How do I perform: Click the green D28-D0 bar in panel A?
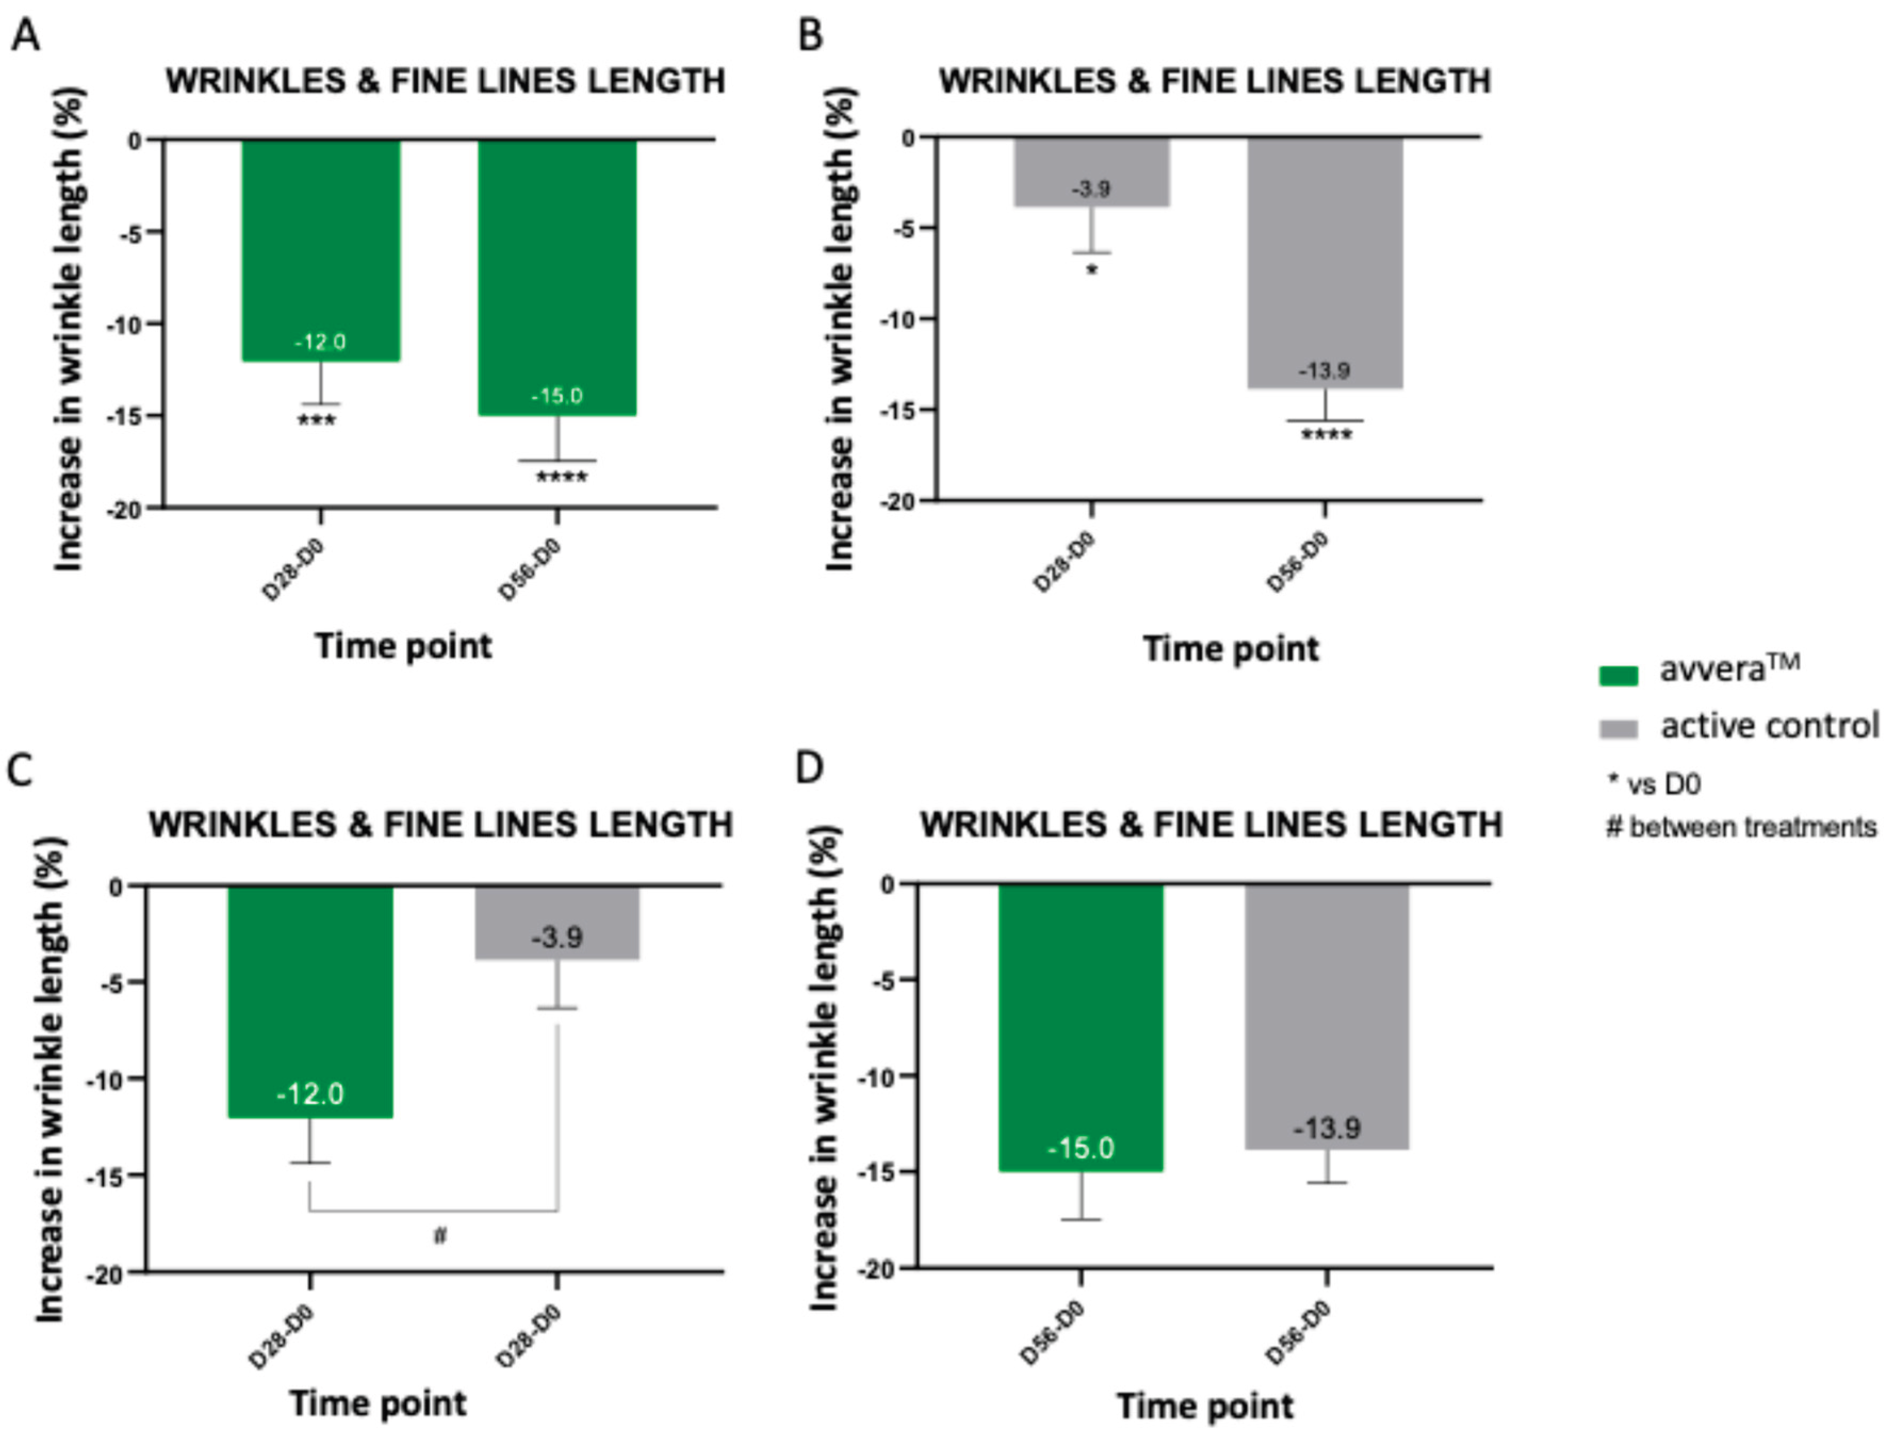click(x=321, y=249)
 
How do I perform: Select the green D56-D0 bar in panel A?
click(x=557, y=275)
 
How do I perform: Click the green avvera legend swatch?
click(x=1617, y=675)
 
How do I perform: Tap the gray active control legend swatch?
click(x=1617, y=729)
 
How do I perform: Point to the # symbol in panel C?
click(x=440, y=1236)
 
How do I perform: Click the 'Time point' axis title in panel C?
click(x=378, y=1404)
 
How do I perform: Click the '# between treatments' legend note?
click(x=1741, y=828)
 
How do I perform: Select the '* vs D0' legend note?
click(x=1654, y=784)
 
